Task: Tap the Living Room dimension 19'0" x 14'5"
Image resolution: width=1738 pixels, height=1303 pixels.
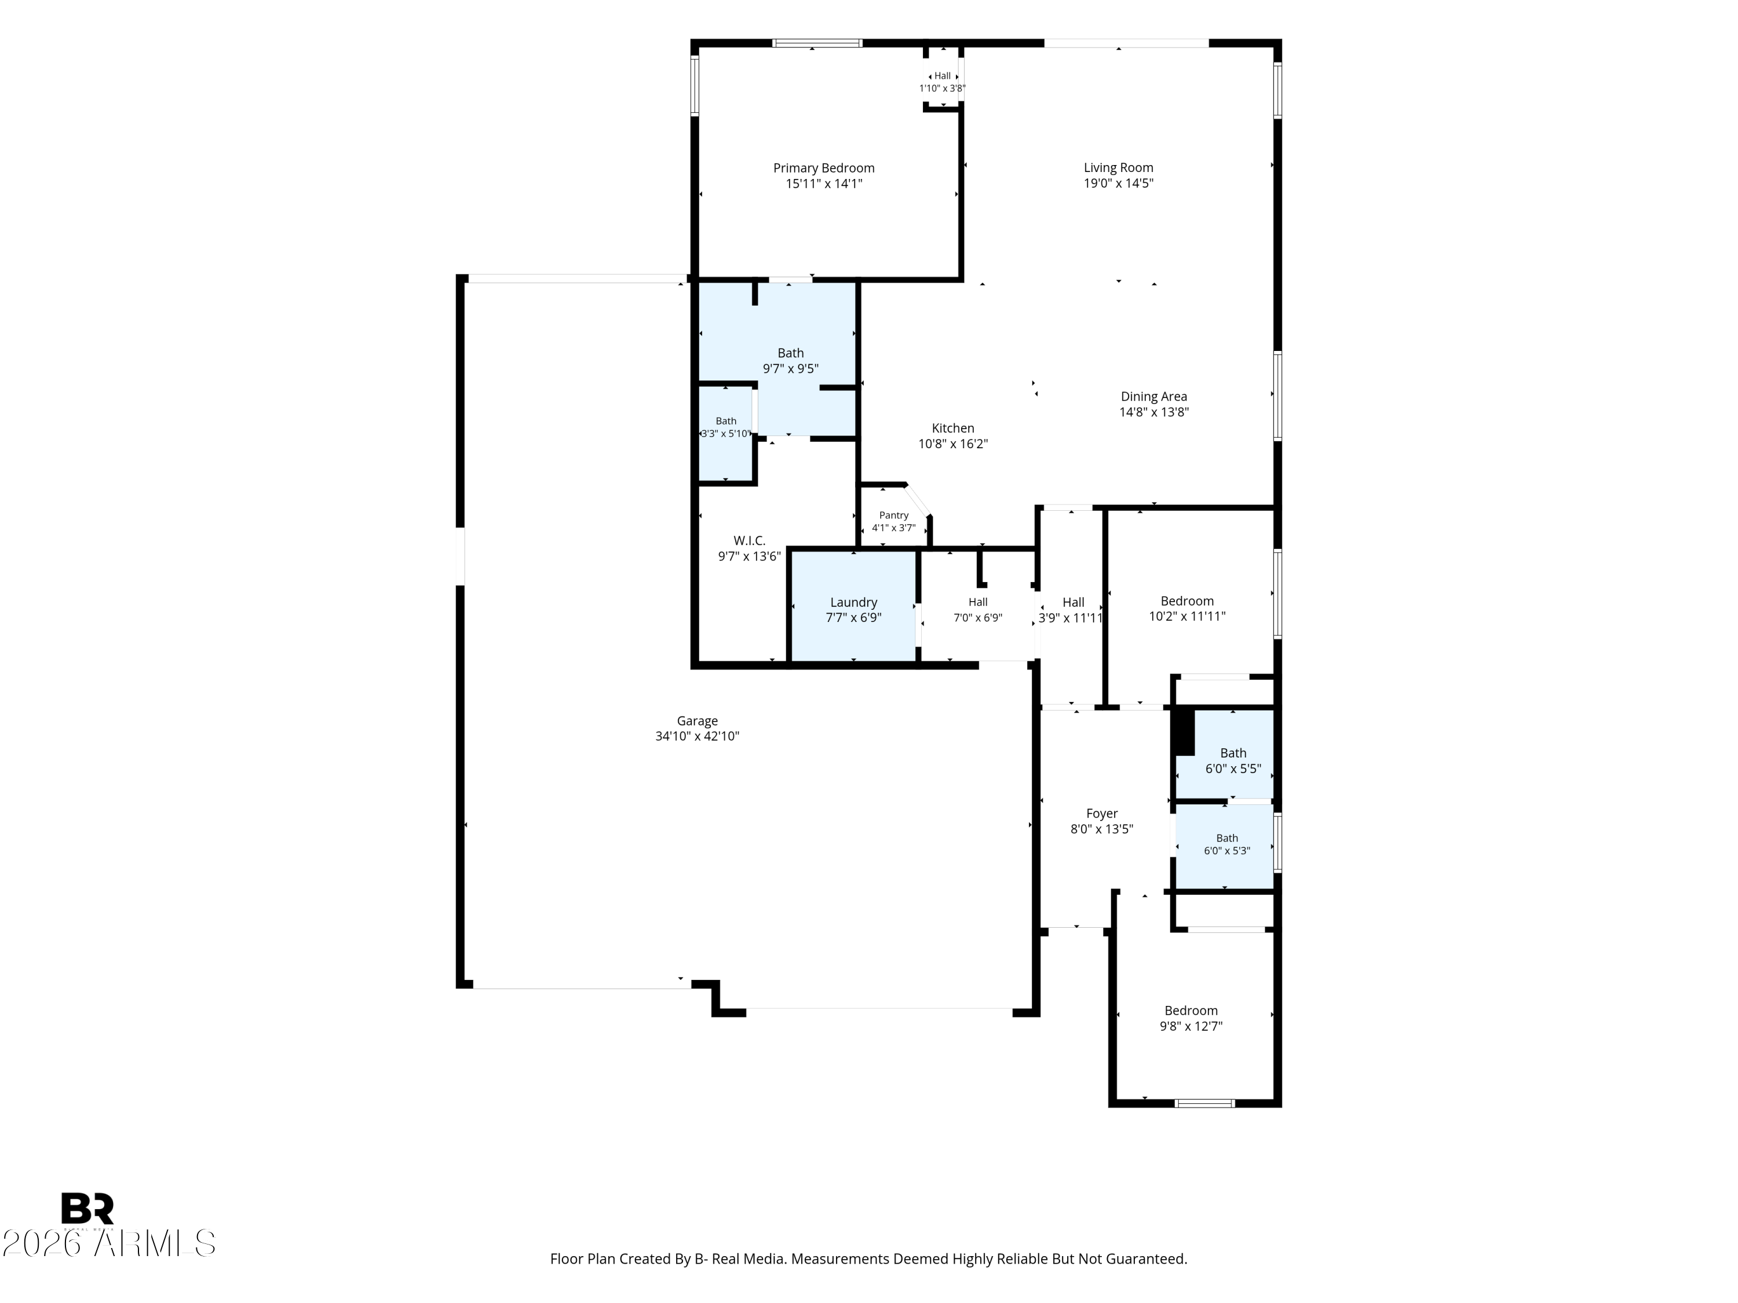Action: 1118,183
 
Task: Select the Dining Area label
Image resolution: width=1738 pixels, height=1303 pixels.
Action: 1153,397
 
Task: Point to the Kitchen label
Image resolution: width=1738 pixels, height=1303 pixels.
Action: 953,428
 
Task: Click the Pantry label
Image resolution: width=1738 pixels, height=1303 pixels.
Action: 894,515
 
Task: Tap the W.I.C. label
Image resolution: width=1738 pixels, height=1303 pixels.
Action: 750,540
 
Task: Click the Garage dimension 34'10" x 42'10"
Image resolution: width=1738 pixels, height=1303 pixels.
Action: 697,736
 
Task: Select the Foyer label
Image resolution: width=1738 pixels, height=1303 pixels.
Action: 1101,814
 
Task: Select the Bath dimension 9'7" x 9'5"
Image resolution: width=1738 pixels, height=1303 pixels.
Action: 790,368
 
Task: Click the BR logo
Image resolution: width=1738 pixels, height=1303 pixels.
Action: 87,1208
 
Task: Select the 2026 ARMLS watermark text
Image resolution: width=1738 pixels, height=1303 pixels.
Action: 109,1243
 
